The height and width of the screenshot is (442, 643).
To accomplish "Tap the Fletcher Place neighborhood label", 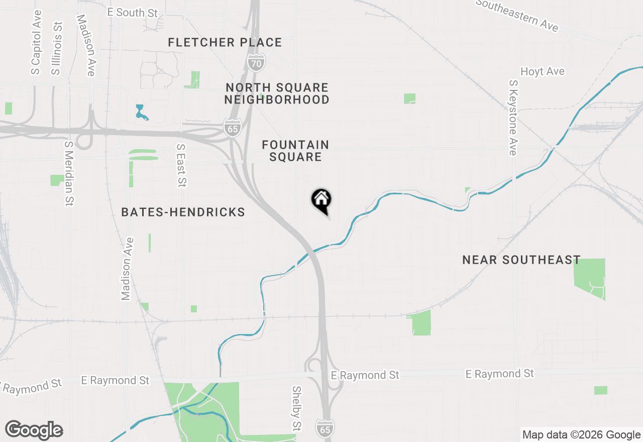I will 225,43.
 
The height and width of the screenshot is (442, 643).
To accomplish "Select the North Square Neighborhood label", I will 277,94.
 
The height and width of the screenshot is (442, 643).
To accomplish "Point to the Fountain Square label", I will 295,151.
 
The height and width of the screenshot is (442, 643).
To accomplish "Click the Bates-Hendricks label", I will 183,212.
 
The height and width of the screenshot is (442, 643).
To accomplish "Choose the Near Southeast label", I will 521,260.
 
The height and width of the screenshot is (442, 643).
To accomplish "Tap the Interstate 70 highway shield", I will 256,62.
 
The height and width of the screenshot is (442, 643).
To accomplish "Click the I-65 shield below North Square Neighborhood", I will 233,128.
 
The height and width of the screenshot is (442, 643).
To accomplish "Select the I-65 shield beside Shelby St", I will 325,428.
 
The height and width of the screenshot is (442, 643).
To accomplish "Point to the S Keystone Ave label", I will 513,118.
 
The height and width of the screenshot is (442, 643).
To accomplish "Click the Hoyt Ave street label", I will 542,72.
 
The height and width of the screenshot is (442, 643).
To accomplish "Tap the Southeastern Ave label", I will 517,15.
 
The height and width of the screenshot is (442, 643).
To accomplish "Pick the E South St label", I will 133,13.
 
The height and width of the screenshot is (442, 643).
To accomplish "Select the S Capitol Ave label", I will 36,42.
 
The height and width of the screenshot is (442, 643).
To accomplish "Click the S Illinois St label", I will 57,48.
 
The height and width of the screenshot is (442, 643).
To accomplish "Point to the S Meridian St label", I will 69,173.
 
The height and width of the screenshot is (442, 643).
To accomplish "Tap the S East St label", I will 181,166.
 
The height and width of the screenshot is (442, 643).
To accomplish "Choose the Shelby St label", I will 297,408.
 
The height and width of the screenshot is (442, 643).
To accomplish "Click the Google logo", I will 34,430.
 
